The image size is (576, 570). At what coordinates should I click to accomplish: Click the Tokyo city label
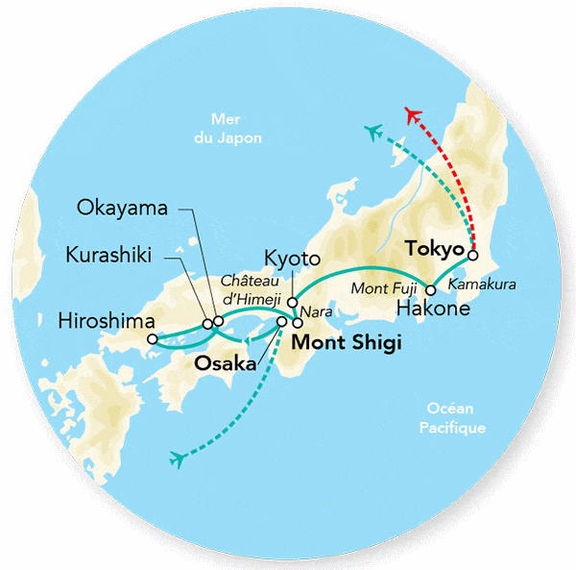[x=435, y=248]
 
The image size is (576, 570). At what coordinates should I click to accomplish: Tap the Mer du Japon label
[x=235, y=129]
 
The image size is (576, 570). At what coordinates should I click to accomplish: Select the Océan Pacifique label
[x=457, y=419]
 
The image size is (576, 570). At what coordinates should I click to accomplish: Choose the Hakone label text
[x=433, y=309]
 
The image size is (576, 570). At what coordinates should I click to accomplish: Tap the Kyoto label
[x=289, y=258]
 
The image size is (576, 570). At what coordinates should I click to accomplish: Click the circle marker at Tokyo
[x=472, y=256]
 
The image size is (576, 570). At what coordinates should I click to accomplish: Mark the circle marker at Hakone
[x=431, y=290]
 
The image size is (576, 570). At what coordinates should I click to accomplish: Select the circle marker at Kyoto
[x=292, y=302]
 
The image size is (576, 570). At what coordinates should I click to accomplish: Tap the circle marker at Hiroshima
[x=152, y=338]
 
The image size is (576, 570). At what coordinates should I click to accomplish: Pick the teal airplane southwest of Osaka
[x=176, y=458]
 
